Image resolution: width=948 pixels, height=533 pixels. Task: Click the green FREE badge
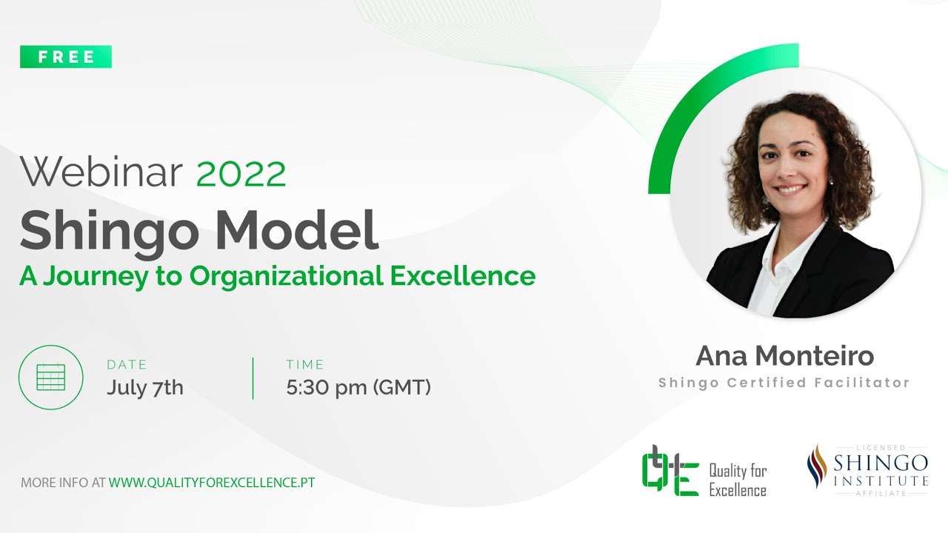point(66,57)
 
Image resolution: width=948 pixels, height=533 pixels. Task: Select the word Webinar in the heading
point(101,173)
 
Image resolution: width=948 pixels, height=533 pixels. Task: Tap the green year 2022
point(241,174)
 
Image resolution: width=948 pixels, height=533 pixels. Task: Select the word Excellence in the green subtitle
point(462,275)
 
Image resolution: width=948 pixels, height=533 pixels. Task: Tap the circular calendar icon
point(51,377)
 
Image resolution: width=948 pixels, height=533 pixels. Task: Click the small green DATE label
point(127,364)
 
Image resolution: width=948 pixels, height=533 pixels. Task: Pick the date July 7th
point(144,387)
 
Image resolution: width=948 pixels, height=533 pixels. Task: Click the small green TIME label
point(305,364)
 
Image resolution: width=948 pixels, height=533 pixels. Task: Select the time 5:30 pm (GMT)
point(358,387)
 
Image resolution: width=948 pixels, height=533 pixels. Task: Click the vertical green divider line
point(253,378)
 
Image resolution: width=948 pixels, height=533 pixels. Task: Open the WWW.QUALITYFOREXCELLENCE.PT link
point(212,482)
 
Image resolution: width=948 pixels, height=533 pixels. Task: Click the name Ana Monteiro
point(784,356)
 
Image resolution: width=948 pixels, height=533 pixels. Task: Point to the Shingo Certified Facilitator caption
point(784,383)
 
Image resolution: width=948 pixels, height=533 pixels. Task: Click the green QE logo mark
point(670,471)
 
